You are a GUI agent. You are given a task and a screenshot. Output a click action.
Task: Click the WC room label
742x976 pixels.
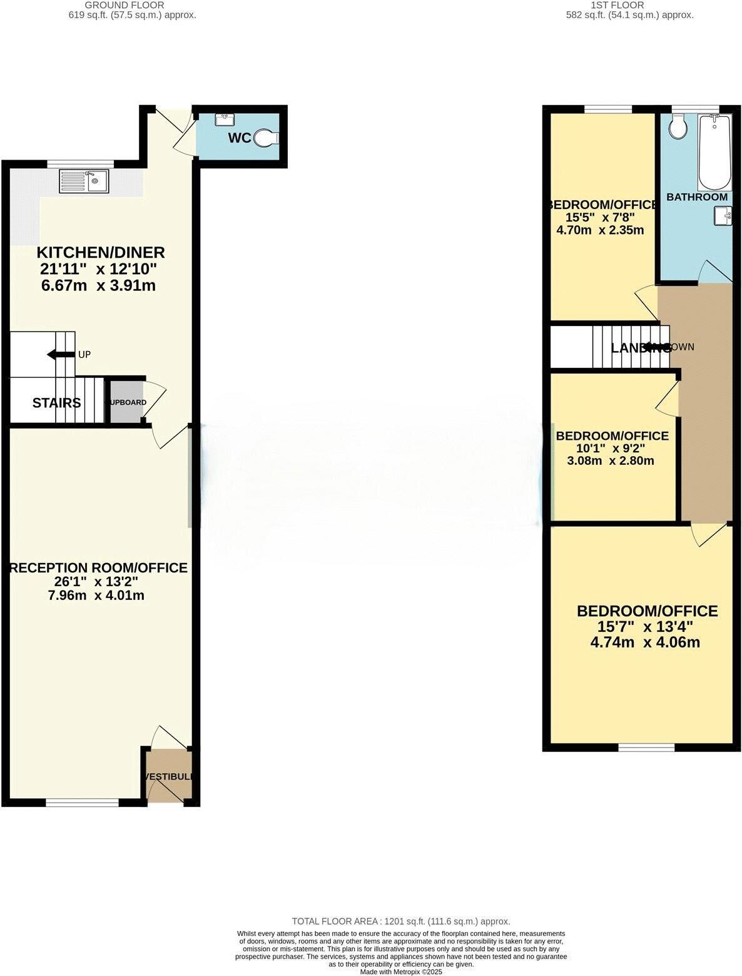pyautogui.click(x=239, y=138)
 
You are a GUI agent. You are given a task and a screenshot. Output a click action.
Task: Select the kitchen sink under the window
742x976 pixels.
pyautogui.click(x=84, y=181)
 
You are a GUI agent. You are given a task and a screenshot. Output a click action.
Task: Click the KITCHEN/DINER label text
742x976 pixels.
pyautogui.click(x=101, y=253)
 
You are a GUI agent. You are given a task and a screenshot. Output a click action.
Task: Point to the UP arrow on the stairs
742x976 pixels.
pyautogui.click(x=61, y=355)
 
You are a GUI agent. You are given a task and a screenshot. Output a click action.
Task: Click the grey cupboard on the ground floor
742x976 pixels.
pyautogui.click(x=126, y=402)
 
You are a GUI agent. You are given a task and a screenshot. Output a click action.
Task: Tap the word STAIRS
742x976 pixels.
pyautogui.click(x=56, y=402)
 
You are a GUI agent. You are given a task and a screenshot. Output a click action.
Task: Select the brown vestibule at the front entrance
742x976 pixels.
pyautogui.click(x=168, y=776)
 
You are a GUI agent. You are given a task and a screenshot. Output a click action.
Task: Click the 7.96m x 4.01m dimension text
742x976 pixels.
pyautogui.click(x=96, y=595)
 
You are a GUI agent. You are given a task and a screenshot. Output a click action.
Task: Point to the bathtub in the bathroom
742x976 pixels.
pyautogui.click(x=714, y=152)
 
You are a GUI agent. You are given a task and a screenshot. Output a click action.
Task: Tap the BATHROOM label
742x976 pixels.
pyautogui.click(x=697, y=197)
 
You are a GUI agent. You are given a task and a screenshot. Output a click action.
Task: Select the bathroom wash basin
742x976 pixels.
pyautogui.click(x=723, y=216)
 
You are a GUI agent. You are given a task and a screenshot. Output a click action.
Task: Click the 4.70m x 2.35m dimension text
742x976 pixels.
pyautogui.click(x=600, y=230)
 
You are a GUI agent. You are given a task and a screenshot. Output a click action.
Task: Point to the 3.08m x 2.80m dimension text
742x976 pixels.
pyautogui.click(x=611, y=461)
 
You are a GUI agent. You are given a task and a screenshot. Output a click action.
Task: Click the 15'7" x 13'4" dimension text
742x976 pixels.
pyautogui.click(x=646, y=627)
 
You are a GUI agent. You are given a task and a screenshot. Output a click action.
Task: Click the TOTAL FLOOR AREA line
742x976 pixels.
pyautogui.click(x=401, y=921)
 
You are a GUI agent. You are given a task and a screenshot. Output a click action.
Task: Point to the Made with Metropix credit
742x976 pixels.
pyautogui.click(x=401, y=972)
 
